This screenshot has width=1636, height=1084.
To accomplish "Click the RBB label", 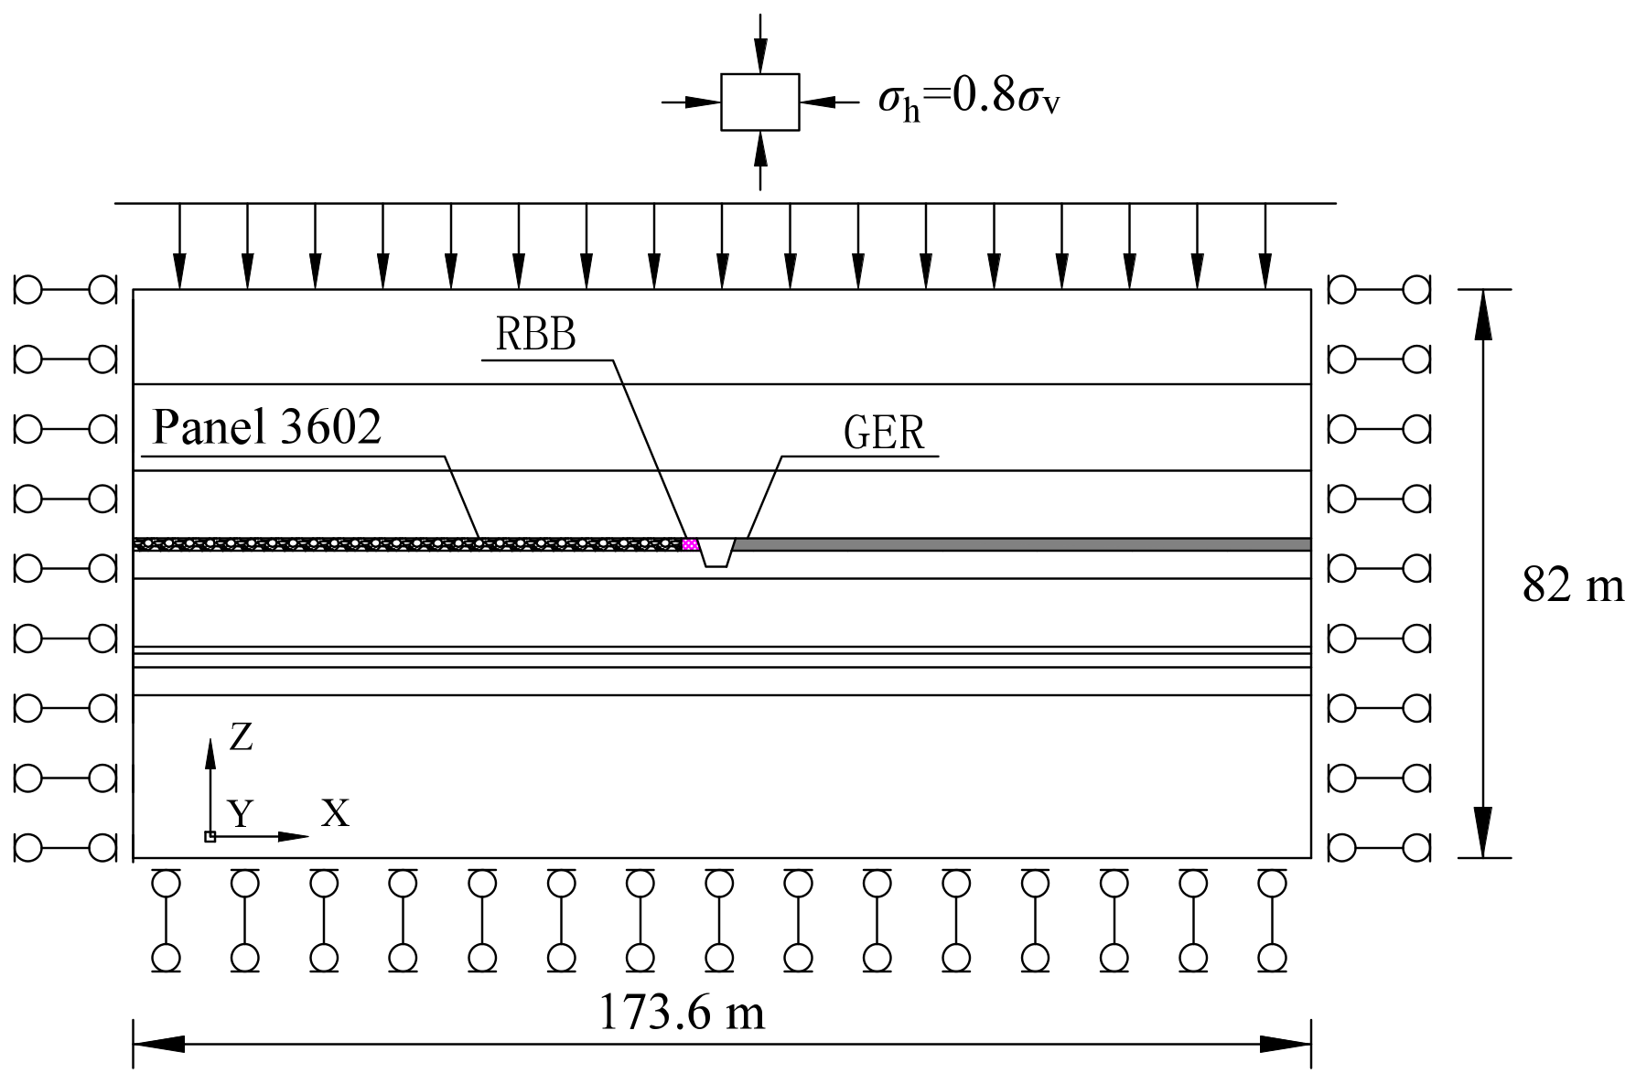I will [535, 336].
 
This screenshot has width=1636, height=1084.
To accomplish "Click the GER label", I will [883, 433].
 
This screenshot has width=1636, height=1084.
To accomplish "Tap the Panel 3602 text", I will [266, 426].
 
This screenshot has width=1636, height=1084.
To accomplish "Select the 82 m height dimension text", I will [1572, 585].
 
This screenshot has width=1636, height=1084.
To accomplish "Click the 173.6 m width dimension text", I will [682, 1013].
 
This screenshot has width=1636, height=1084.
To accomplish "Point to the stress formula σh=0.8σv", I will [968, 98].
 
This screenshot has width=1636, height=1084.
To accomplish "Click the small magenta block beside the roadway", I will [691, 544].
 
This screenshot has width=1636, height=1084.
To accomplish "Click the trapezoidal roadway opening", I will [716, 552].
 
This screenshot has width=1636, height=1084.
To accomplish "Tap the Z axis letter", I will [240, 736].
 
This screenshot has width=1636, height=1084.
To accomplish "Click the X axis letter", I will [335, 812].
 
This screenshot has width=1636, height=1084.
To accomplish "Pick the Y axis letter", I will [240, 812].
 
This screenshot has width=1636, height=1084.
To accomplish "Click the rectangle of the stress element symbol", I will [759, 102].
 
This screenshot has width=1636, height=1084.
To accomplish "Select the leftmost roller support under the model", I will [166, 920].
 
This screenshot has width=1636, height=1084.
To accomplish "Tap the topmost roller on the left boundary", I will [66, 290].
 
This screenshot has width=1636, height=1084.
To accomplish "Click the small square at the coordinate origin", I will [210, 836].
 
